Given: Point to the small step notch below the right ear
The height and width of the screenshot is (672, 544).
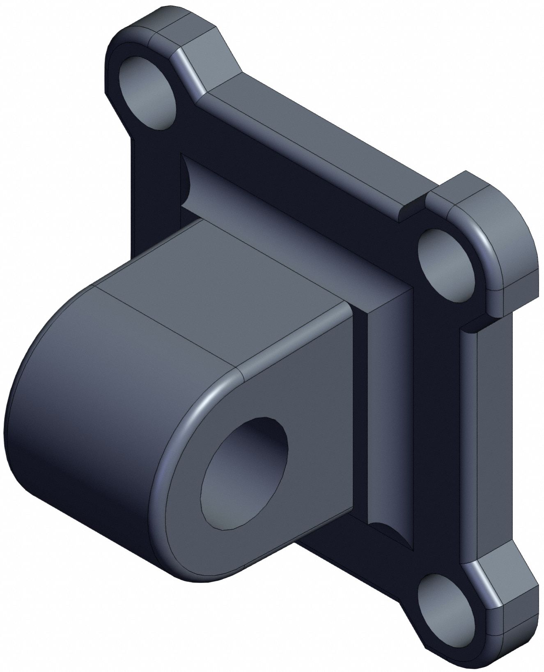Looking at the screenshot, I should pos(472,326).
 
